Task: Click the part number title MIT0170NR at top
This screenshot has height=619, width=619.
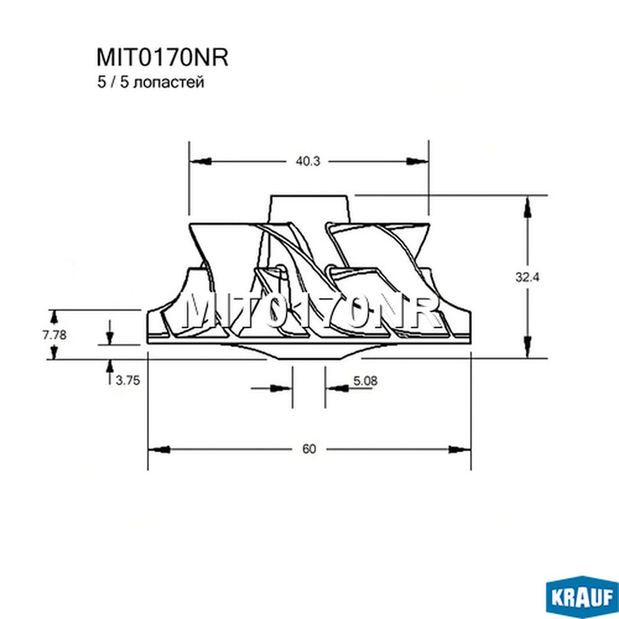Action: (162, 58)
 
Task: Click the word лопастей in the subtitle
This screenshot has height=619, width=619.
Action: (169, 82)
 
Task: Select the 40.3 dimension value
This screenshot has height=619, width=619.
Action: (308, 161)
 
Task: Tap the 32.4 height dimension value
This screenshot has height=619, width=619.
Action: (527, 277)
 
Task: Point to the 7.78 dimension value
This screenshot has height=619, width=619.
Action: (54, 335)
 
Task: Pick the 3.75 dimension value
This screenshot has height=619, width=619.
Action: (128, 380)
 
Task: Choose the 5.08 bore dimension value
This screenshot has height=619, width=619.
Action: (365, 381)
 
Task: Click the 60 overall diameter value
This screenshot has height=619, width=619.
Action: (309, 449)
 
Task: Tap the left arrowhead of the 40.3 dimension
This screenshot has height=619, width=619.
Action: (201, 161)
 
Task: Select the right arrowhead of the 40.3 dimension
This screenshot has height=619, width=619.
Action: (417, 161)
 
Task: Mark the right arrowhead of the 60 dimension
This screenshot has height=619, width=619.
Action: (459, 449)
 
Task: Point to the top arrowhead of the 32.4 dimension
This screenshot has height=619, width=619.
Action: (527, 207)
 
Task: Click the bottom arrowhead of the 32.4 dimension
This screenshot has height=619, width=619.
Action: (527, 347)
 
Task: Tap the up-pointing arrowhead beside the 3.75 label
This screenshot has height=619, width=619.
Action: (110, 366)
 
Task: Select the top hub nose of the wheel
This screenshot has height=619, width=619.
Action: (309, 209)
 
